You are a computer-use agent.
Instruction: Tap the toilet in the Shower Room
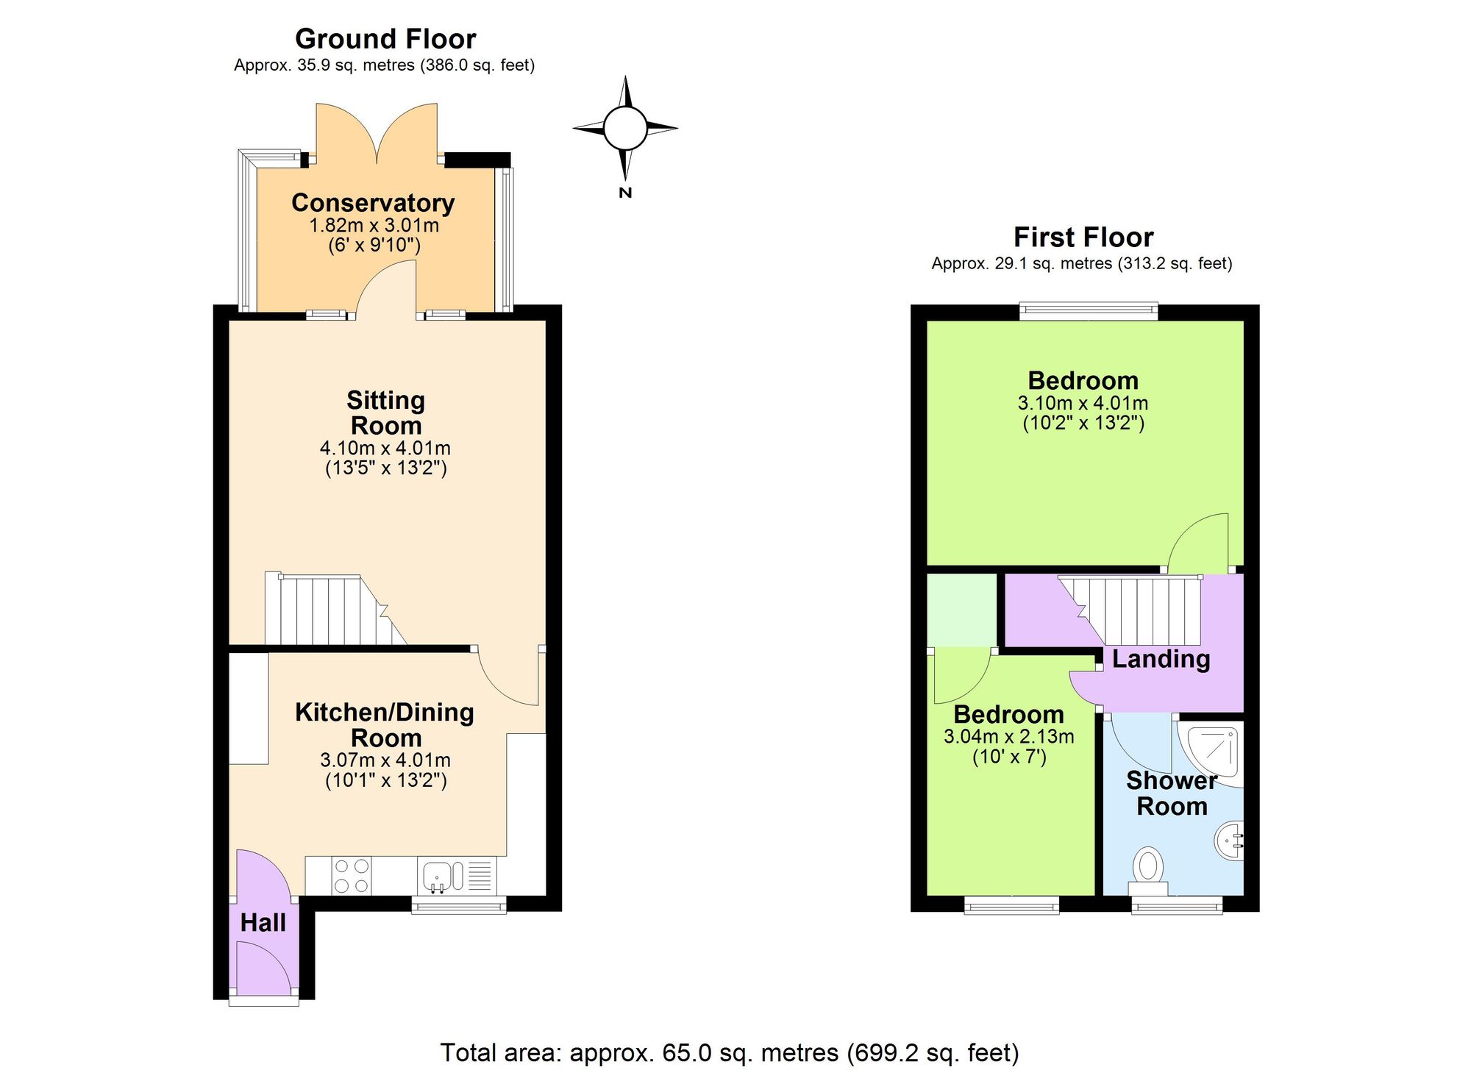(1148, 871)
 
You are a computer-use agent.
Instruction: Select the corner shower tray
(1211, 755)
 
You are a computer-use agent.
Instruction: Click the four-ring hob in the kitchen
(352, 876)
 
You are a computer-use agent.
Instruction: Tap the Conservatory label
(373, 202)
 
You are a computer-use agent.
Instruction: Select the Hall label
(263, 923)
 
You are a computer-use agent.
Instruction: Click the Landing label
(1161, 660)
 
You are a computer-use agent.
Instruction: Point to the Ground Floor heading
(385, 38)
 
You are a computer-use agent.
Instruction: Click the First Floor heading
(1083, 237)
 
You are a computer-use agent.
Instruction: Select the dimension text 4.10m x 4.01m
(385, 448)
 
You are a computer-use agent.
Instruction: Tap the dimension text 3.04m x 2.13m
(1009, 736)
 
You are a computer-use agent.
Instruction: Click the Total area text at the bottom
(730, 1052)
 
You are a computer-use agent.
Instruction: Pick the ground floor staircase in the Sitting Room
(336, 610)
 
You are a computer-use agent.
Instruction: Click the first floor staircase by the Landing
(1129, 610)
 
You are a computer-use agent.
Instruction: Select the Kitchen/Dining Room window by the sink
(459, 905)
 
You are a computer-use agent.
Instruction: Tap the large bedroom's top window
(1089, 312)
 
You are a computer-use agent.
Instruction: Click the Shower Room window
(1177, 905)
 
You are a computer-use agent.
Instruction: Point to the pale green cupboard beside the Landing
(962, 610)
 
